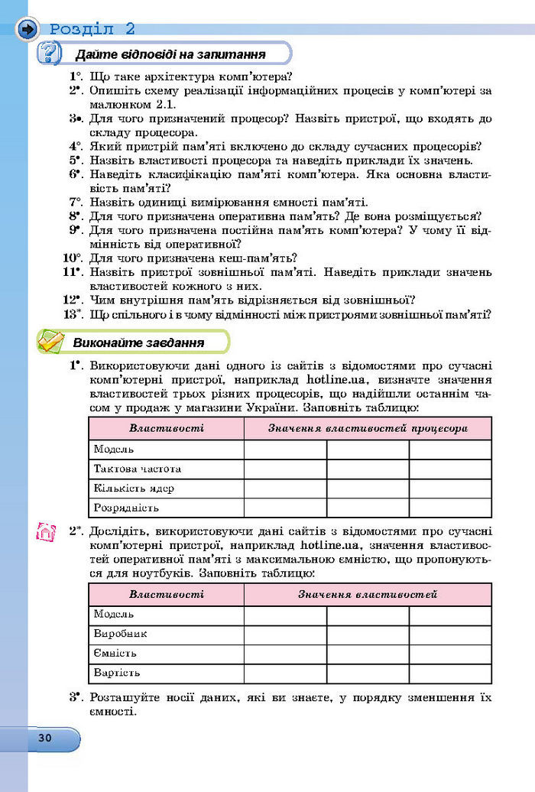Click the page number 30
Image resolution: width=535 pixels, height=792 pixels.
44,738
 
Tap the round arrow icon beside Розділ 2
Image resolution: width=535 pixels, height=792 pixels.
28,30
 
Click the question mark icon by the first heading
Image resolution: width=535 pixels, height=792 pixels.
50,54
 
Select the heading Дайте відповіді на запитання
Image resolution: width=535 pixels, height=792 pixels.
170,54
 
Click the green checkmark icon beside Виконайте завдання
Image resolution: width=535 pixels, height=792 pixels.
50,342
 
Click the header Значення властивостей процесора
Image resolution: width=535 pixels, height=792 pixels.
367,428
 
